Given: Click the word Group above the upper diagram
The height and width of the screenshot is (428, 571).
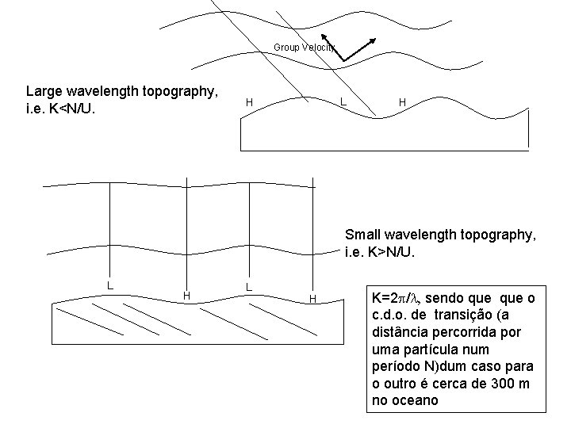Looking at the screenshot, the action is pos(285,48).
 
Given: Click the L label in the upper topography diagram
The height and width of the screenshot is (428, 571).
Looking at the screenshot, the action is pos(342,101).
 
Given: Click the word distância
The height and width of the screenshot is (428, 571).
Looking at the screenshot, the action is pos(400,332).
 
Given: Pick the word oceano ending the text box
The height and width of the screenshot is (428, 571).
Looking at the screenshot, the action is pos(416,402).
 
